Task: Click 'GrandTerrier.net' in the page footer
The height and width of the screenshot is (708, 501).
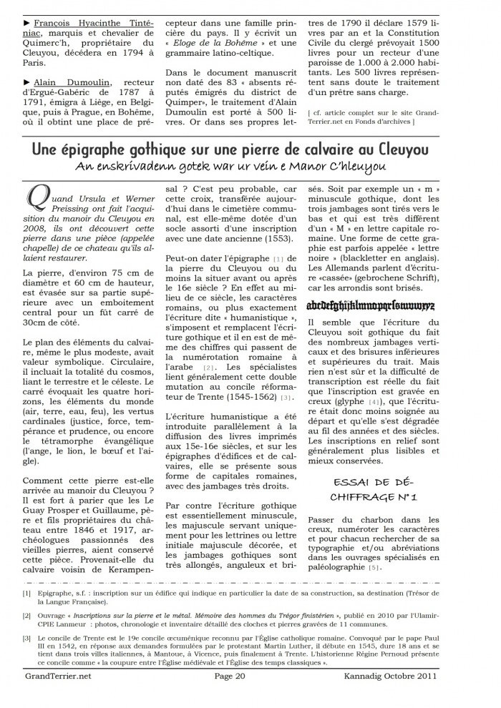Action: [x=58, y=694]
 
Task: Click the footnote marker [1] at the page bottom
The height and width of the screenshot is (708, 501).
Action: [x=26, y=592]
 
